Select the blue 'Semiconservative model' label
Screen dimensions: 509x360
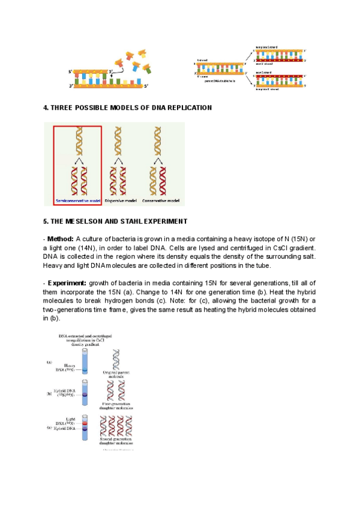(x=77, y=200)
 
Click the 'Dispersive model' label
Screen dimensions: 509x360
(x=120, y=200)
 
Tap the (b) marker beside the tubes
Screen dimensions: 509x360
(x=50, y=394)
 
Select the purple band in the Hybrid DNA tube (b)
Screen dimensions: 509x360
(x=85, y=396)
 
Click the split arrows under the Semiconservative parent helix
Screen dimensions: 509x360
(x=77, y=162)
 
